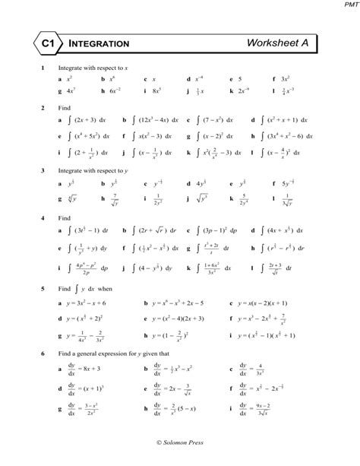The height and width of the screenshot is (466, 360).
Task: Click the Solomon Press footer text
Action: click(179, 442)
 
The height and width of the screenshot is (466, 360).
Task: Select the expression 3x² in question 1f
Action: click(286, 78)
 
